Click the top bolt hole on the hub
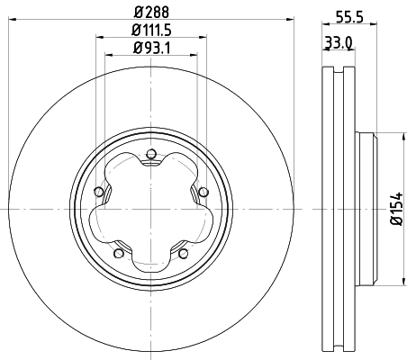pyautogui.click(x=150, y=152)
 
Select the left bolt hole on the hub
pyautogui.click(x=96, y=190)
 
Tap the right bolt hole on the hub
pyautogui.click(x=203, y=190)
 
